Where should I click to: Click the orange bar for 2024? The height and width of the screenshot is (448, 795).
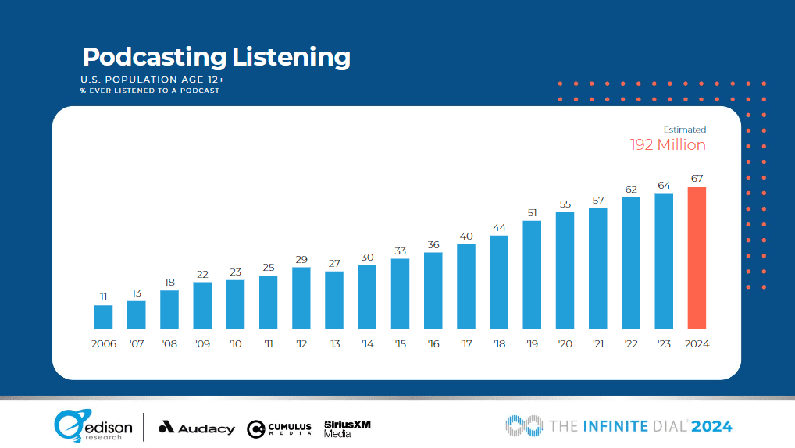(x=697, y=258)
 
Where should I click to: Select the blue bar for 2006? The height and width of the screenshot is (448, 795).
(x=103, y=316)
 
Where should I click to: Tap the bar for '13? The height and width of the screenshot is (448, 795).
(x=334, y=299)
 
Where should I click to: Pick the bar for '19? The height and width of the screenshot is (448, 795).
(x=532, y=274)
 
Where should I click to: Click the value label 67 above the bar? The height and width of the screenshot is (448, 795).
(x=697, y=179)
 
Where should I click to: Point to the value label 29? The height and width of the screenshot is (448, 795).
(x=301, y=259)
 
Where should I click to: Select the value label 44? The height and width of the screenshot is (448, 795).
(x=499, y=227)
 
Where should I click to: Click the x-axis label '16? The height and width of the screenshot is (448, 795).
(x=433, y=344)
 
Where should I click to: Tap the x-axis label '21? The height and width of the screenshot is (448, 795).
(x=597, y=344)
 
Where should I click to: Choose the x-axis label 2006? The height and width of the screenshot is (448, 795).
(x=103, y=344)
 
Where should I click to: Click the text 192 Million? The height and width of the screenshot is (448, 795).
(x=668, y=144)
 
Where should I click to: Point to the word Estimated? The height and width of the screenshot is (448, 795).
(x=684, y=130)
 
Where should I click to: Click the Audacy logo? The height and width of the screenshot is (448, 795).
(x=196, y=428)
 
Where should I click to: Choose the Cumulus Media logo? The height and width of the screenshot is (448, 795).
(x=279, y=428)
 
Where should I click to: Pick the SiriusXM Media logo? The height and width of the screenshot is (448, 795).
(x=347, y=428)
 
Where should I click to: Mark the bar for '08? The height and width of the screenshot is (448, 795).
(x=169, y=309)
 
